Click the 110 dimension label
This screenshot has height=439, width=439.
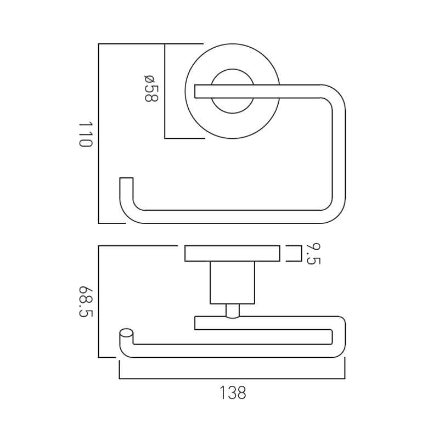[x=86, y=134]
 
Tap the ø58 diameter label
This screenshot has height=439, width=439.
[x=151, y=88]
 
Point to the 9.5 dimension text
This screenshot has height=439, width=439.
[x=313, y=254]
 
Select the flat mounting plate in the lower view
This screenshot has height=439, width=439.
[x=232, y=254]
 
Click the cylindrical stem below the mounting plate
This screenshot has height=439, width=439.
[x=232, y=283]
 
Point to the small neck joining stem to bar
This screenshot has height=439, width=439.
[x=232, y=311]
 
